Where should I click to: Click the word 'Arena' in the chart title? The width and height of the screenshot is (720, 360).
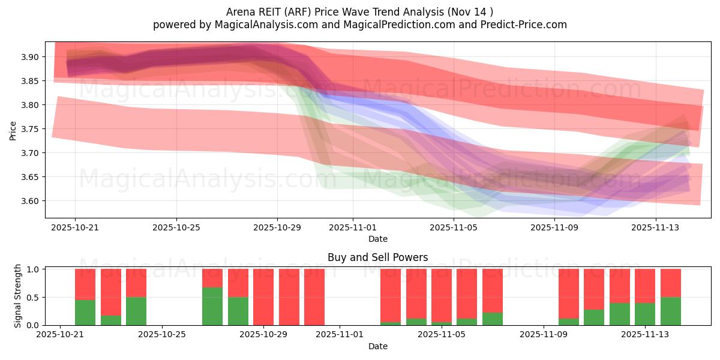[x=240, y=12]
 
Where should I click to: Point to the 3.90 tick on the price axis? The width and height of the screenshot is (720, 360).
[x=31, y=57]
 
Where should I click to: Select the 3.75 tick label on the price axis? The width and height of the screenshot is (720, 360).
[x=31, y=129]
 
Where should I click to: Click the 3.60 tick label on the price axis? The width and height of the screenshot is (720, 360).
[x=31, y=201]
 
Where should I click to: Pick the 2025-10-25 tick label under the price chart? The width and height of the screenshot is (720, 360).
[x=176, y=227]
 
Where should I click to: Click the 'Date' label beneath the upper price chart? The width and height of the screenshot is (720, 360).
[x=378, y=239]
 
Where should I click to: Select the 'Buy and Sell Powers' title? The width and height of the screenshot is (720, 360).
[x=378, y=257]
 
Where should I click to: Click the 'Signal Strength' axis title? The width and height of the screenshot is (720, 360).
[x=18, y=296]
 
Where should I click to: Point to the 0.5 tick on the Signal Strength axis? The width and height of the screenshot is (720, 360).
[x=33, y=298]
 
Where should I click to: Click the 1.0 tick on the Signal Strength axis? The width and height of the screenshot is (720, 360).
[x=33, y=269]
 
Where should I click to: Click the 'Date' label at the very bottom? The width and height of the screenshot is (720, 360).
[x=378, y=346]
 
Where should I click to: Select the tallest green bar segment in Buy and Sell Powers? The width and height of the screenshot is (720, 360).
[x=212, y=306]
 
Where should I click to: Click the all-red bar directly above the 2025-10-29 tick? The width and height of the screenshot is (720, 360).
[x=263, y=297]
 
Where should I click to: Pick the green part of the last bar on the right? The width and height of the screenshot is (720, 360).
[x=670, y=311]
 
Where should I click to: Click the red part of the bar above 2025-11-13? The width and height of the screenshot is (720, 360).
[x=645, y=286]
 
